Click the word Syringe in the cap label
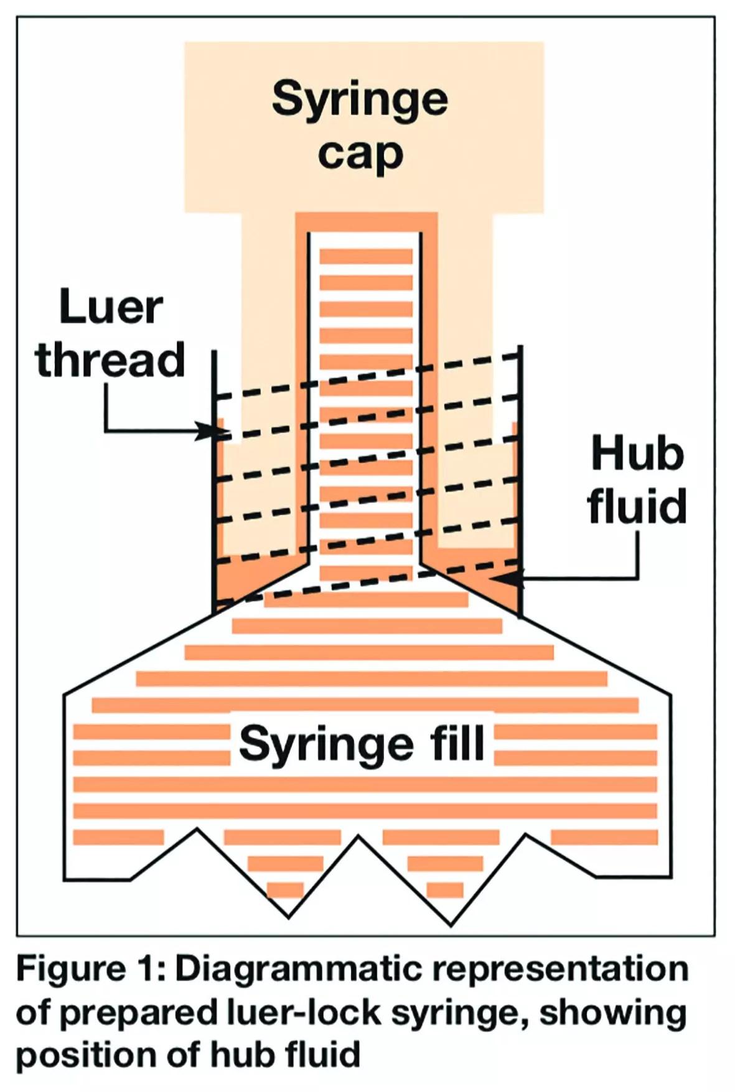[360, 99]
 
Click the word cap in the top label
[360, 154]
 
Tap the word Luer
[111, 307]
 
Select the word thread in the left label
[110, 360]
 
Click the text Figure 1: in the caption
[90, 969]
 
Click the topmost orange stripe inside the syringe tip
[366, 256]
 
